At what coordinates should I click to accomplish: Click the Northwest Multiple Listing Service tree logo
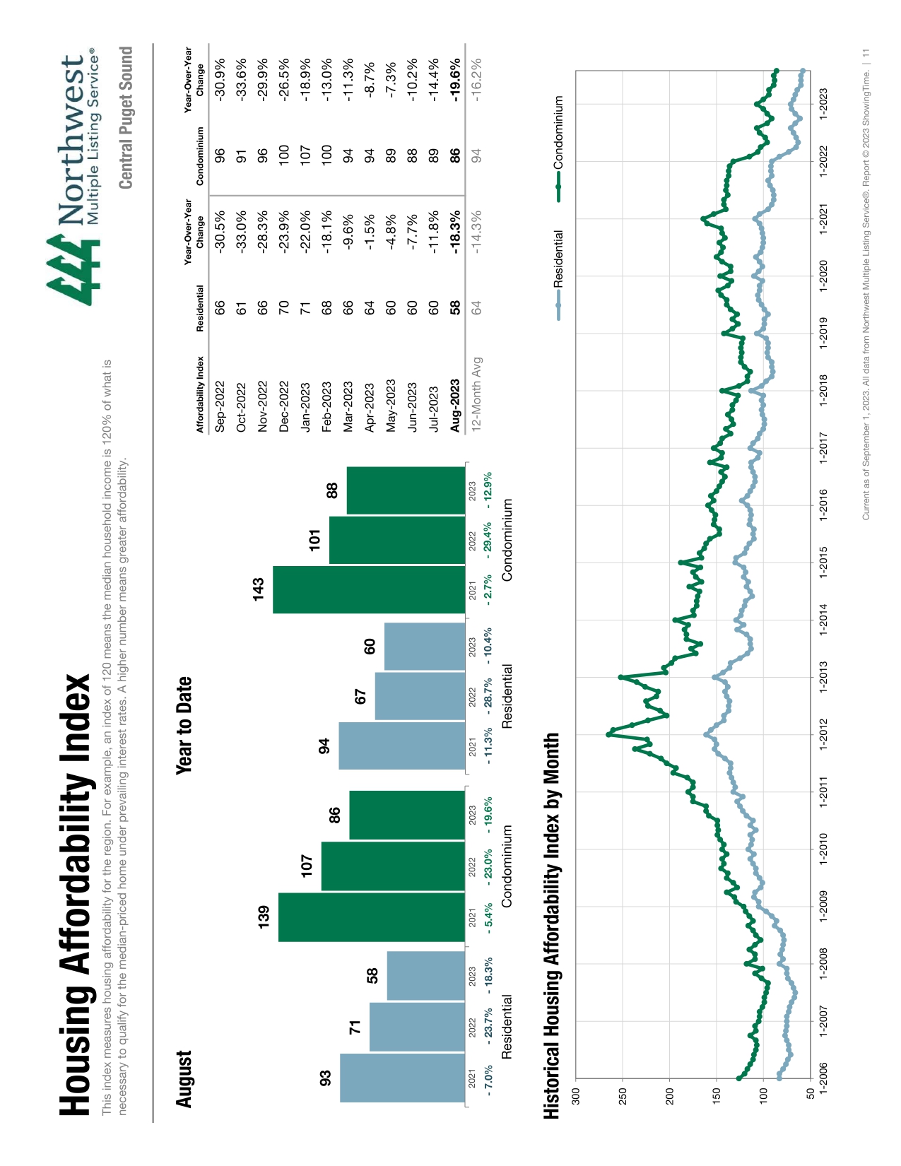click(73, 270)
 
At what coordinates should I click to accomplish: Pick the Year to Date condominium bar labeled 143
click(368, 589)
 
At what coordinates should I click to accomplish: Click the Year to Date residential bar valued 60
click(424, 646)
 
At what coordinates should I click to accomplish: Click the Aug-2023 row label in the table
click(454, 405)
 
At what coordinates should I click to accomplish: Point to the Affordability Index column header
click(200, 394)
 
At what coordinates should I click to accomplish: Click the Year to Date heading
click(184, 725)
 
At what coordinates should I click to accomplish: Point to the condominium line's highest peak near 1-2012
click(608, 735)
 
